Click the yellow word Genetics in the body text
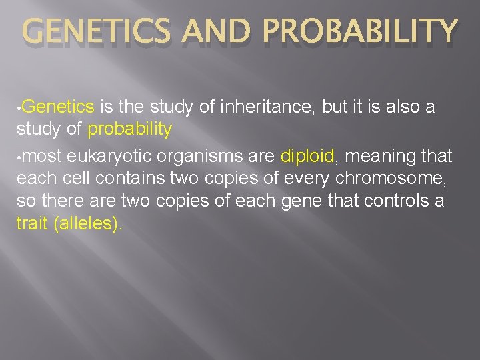[61, 107]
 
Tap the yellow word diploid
[307, 157]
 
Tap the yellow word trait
[32, 223]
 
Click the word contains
[118, 179]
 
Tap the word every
[309, 179]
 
